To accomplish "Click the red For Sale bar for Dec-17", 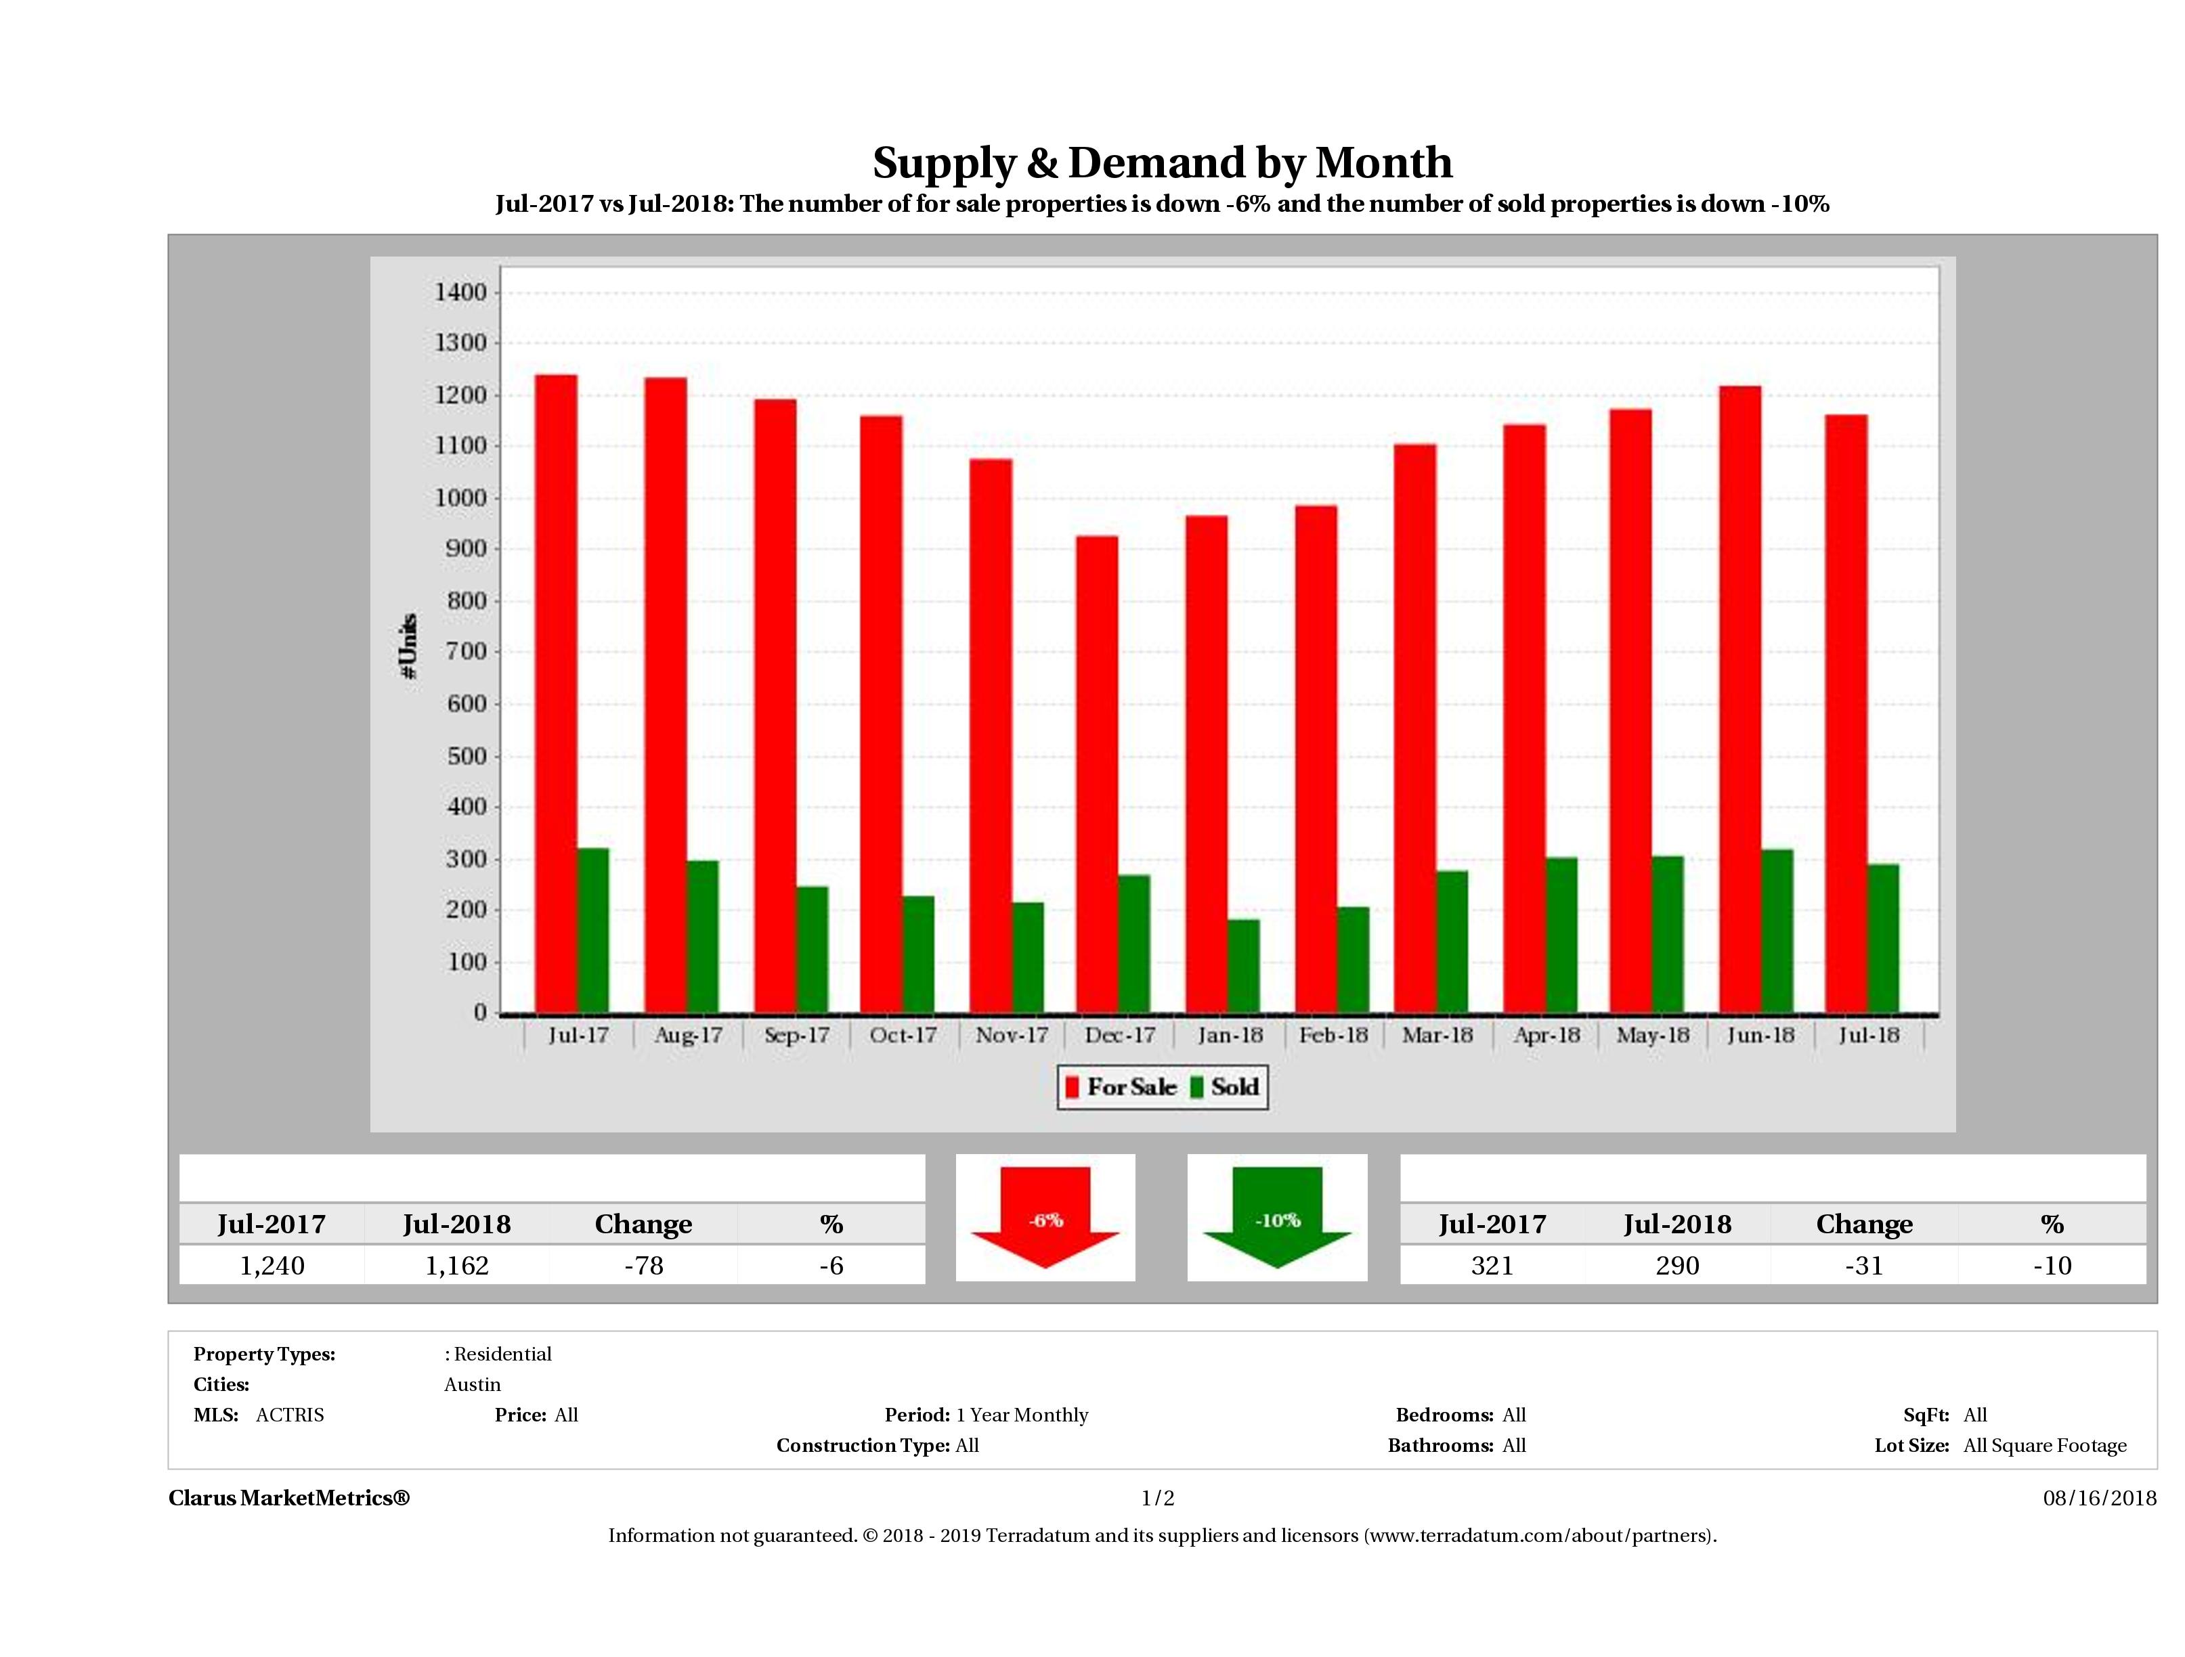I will pos(1098,775).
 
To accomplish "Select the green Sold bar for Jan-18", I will pos(1244,966).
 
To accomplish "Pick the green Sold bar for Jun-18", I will pos(1777,931).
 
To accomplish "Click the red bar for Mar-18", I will pos(1416,729).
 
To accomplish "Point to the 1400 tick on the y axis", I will pos(460,292).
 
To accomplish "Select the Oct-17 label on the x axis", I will pos(903,1035).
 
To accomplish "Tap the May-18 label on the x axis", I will pos(1653,1035).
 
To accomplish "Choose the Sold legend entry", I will pos(1226,1087).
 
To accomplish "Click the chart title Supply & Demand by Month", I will pos(1163,163).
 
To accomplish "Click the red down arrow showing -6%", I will pos(1045,1218).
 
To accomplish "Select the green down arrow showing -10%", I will pos(1277,1218).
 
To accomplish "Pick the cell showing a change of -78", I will pos(643,1266).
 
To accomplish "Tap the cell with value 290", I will pos(1677,1266).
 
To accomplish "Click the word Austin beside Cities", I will pos(472,1384).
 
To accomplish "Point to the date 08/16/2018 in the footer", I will pos(2099,1498).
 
